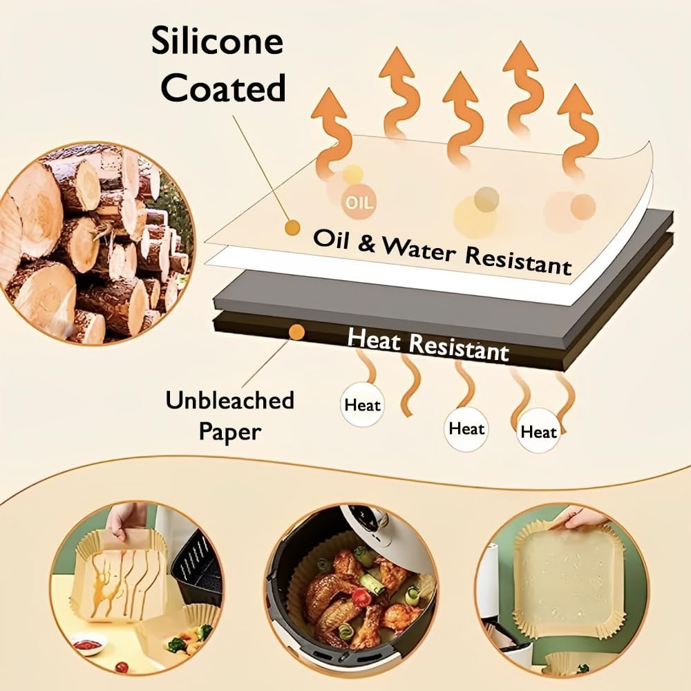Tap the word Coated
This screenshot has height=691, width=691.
click(227, 88)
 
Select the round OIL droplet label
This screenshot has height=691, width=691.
click(358, 202)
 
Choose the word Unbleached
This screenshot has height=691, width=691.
click(230, 400)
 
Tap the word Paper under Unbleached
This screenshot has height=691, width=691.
click(230, 432)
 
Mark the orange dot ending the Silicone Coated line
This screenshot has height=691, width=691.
click(292, 226)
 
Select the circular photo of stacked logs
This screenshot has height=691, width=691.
click(90, 245)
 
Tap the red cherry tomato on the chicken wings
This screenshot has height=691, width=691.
click(361, 597)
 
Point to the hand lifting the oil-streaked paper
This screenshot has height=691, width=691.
click(126, 518)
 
